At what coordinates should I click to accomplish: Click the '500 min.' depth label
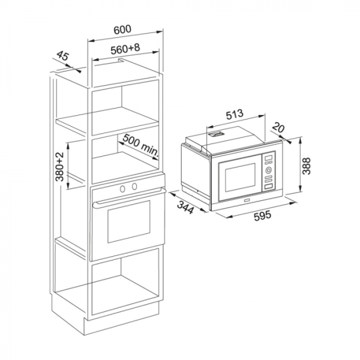click(139, 146)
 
